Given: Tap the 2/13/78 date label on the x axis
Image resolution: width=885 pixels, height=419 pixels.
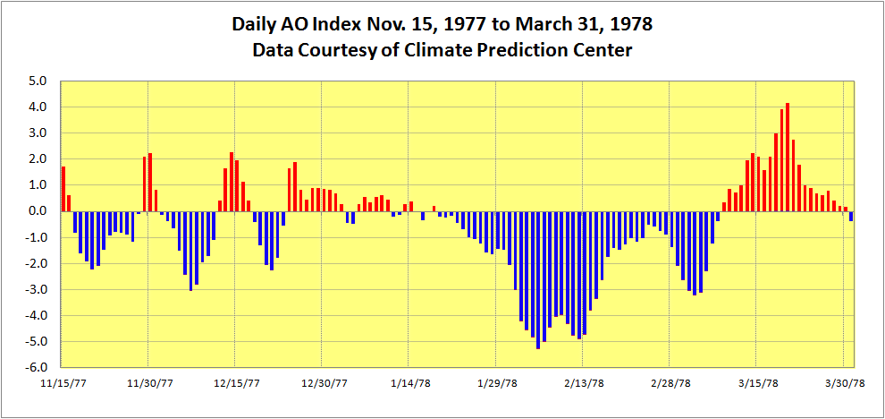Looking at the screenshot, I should pyautogui.click(x=581, y=383).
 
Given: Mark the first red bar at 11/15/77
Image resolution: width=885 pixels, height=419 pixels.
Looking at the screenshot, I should pyautogui.click(x=63, y=189).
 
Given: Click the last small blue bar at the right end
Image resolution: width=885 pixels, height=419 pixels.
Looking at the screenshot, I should pyautogui.click(x=851, y=216).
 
